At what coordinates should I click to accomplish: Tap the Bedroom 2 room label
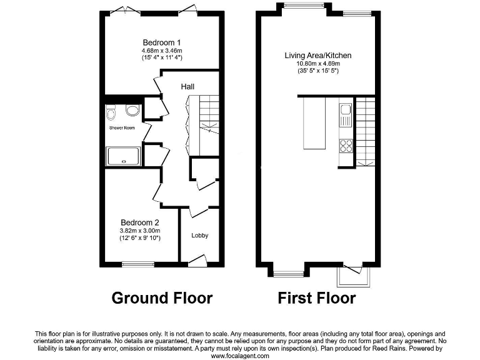[x=139, y=222]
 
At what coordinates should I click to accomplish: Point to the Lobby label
[x=199, y=236]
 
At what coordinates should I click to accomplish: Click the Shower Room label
[x=122, y=128]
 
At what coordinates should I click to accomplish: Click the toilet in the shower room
[x=112, y=112]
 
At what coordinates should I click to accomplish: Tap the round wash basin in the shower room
[x=132, y=111]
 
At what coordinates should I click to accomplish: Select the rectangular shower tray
[x=123, y=156]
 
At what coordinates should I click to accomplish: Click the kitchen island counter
[x=315, y=123]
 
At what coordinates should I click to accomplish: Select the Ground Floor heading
[x=162, y=298]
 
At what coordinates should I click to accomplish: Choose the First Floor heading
[x=317, y=298]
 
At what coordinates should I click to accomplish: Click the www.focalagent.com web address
[x=240, y=356]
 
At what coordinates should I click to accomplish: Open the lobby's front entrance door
[x=197, y=260]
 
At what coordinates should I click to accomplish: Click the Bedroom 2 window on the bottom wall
[x=133, y=264]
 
